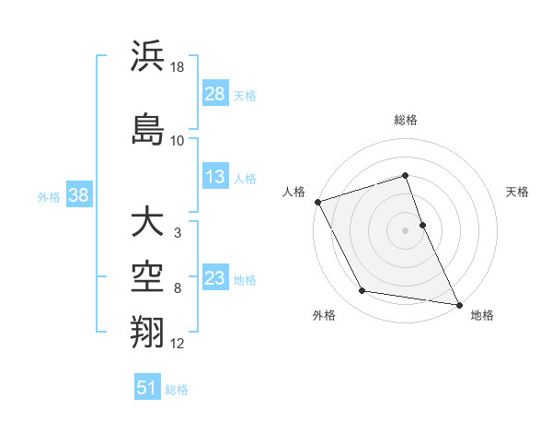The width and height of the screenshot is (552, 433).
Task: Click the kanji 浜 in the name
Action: [148, 56]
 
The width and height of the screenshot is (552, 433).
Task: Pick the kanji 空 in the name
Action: [148, 275]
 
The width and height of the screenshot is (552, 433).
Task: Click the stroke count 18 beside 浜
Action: [178, 67]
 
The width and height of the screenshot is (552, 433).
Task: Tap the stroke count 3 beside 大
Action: [177, 233]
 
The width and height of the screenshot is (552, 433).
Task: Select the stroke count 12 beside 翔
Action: [178, 344]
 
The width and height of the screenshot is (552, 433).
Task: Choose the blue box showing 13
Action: [215, 177]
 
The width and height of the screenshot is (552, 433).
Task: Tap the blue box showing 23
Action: [215, 278]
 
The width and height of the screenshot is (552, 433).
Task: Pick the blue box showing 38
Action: [78, 194]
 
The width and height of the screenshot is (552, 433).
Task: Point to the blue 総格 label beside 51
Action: [178, 390]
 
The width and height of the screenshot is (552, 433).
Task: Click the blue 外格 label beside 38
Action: [49, 196]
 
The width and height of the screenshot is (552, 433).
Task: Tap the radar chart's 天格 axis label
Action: [518, 192]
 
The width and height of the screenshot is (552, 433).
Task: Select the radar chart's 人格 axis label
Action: [294, 192]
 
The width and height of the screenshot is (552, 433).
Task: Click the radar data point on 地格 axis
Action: [458, 303]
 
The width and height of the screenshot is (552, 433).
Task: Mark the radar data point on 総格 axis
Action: [405, 176]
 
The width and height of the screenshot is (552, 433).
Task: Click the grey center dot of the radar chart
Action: [405, 229]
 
